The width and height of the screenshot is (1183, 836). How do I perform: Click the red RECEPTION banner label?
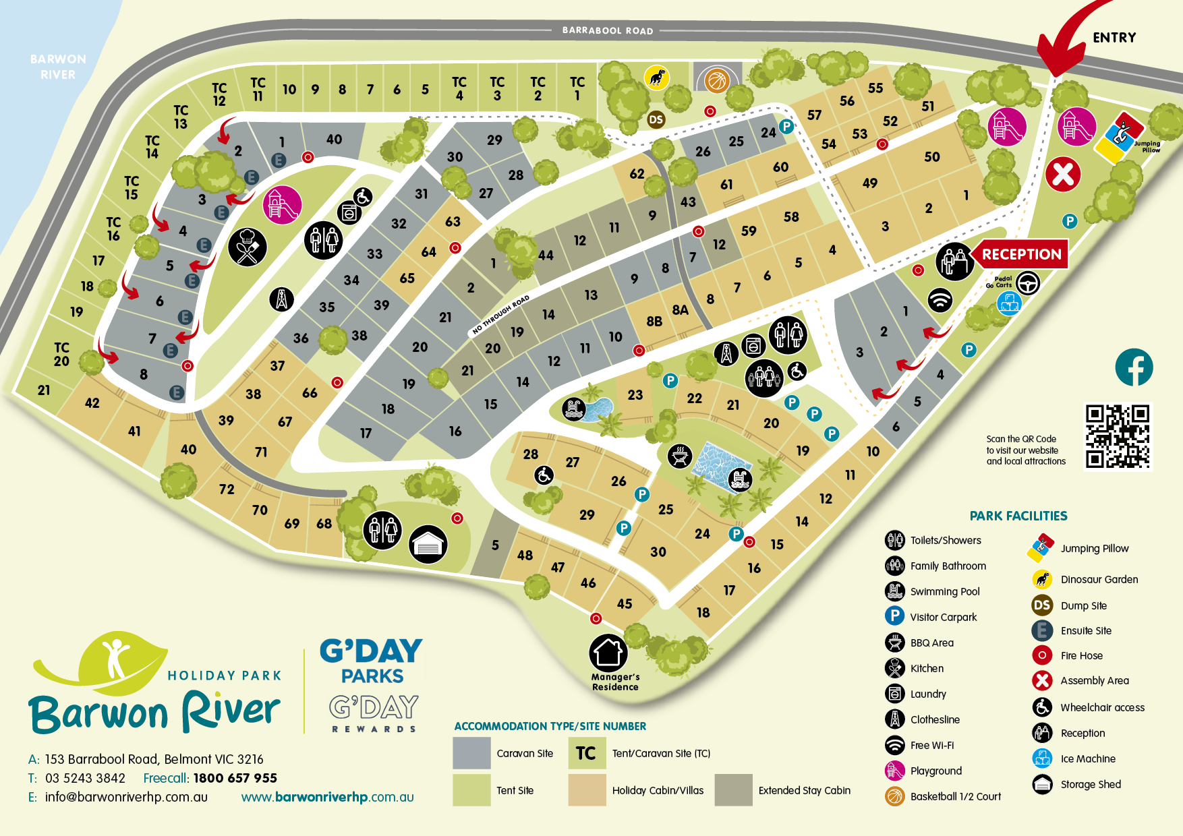point(1021,254)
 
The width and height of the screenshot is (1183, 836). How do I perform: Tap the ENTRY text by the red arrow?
point(1114,38)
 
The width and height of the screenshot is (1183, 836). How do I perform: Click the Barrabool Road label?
point(607,30)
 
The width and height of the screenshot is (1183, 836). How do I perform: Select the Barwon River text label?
point(58,67)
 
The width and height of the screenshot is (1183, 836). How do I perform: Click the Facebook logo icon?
point(1134,367)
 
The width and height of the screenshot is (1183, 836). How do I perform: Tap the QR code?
point(1118,436)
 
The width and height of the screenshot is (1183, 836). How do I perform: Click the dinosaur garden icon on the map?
point(656,78)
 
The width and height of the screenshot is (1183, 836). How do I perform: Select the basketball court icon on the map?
point(717,81)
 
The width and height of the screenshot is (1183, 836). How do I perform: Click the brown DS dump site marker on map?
point(656,120)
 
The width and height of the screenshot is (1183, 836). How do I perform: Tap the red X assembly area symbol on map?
point(1063,174)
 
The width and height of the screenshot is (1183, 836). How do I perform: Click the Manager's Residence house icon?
point(608,653)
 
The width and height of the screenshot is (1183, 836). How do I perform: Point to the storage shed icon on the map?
point(428,543)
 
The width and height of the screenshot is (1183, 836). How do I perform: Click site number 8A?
point(680,310)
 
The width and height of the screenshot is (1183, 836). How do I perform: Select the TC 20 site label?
point(61,354)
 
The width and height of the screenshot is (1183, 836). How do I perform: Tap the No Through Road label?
point(500,315)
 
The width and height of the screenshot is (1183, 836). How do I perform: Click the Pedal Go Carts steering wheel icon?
point(1027,283)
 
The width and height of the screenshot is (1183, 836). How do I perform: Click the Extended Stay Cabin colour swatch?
point(733,790)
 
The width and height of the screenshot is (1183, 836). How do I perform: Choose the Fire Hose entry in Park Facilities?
point(1081,655)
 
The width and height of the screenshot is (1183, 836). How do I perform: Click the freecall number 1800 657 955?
point(235,778)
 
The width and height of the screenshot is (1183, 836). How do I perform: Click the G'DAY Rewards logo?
point(374,713)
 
